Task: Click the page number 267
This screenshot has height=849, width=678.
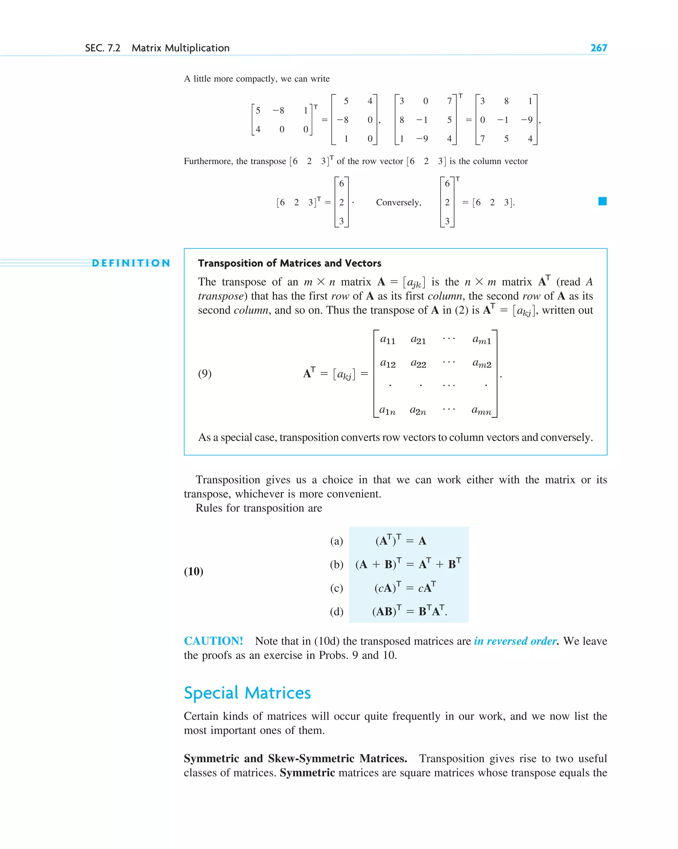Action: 598,48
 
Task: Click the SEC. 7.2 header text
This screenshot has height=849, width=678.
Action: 103,48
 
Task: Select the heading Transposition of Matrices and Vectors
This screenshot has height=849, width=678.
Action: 289,263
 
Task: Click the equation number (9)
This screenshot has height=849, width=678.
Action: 205,373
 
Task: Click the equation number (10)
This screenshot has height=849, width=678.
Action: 193,572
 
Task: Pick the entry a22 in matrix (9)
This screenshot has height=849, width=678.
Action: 418,363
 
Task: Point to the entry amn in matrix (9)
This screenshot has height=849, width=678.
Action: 481,411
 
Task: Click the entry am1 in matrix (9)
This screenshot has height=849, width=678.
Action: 481,340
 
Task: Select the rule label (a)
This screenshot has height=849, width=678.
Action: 336,541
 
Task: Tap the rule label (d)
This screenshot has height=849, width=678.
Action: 336,612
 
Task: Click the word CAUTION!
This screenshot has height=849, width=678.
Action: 214,641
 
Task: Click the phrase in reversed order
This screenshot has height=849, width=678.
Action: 515,641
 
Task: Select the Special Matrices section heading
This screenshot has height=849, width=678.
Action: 247,693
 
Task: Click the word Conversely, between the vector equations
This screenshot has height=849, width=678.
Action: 398,203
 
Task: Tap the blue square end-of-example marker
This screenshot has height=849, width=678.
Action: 602,201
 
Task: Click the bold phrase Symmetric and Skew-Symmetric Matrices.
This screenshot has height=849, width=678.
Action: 295,758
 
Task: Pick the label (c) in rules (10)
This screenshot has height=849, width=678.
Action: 336,588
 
